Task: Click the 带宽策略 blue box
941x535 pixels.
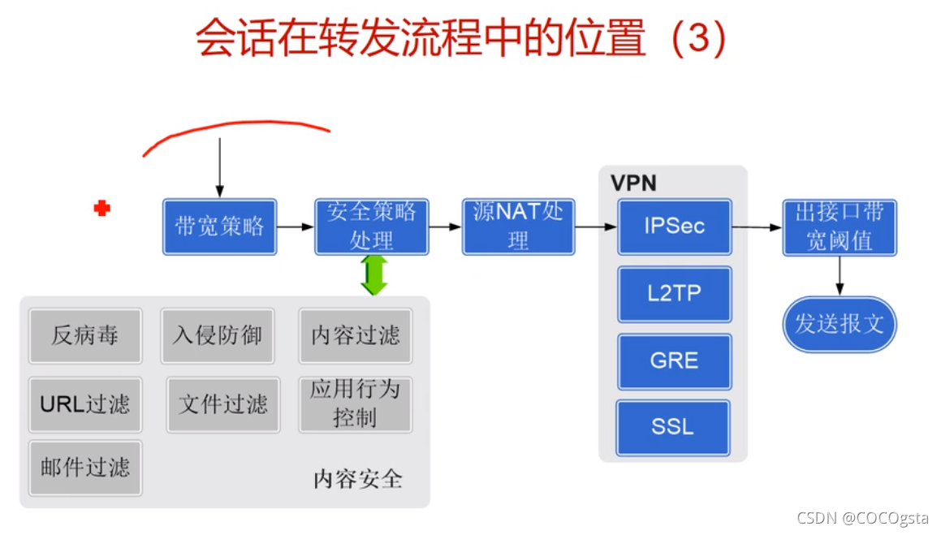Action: coord(219,227)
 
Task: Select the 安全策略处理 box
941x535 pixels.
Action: coord(372,227)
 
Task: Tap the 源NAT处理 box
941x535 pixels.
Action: coord(519,227)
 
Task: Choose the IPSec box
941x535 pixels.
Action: coord(675,227)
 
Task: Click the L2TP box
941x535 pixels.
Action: coord(675,294)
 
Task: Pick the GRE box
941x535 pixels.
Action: coord(675,360)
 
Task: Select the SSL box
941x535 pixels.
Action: coord(673,427)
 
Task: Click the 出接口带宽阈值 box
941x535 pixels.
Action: coord(840,227)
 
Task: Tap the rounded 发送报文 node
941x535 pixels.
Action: coord(840,324)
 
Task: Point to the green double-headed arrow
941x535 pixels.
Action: coord(373,275)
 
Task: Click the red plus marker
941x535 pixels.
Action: coord(101,209)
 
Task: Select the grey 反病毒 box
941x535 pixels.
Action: coord(85,335)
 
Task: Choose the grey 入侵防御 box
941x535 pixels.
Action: coord(218,335)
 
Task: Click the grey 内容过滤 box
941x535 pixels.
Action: coord(356,335)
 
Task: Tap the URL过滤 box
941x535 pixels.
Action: coord(85,403)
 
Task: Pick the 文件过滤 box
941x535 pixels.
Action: coord(223,403)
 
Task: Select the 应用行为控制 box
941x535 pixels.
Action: coord(356,403)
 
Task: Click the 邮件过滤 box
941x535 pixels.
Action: coord(85,468)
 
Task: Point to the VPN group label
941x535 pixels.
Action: coord(633,183)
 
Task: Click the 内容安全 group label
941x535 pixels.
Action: coord(358,479)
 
